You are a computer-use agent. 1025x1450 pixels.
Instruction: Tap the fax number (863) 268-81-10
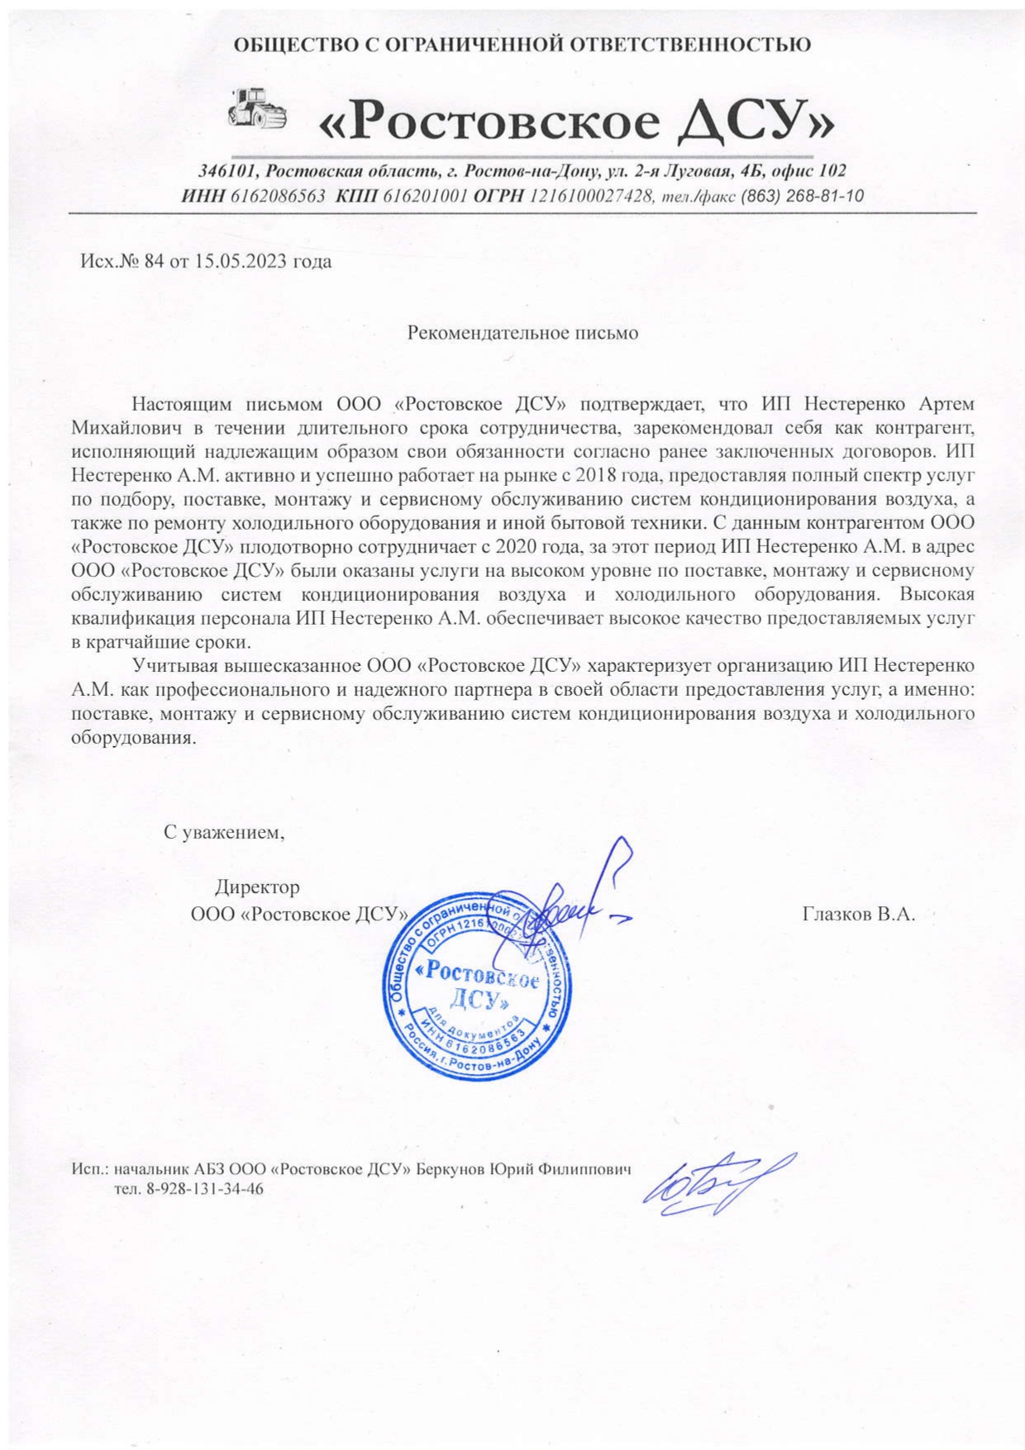tap(802, 197)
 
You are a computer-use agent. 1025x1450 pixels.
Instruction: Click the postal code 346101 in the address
tap(229, 172)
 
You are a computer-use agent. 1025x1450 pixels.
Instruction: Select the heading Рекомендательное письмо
tap(523, 334)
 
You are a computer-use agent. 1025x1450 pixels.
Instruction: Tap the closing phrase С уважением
tap(224, 832)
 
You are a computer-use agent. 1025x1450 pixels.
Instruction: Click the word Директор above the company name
tap(257, 888)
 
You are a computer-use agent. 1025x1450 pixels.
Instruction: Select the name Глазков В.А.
tap(858, 915)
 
